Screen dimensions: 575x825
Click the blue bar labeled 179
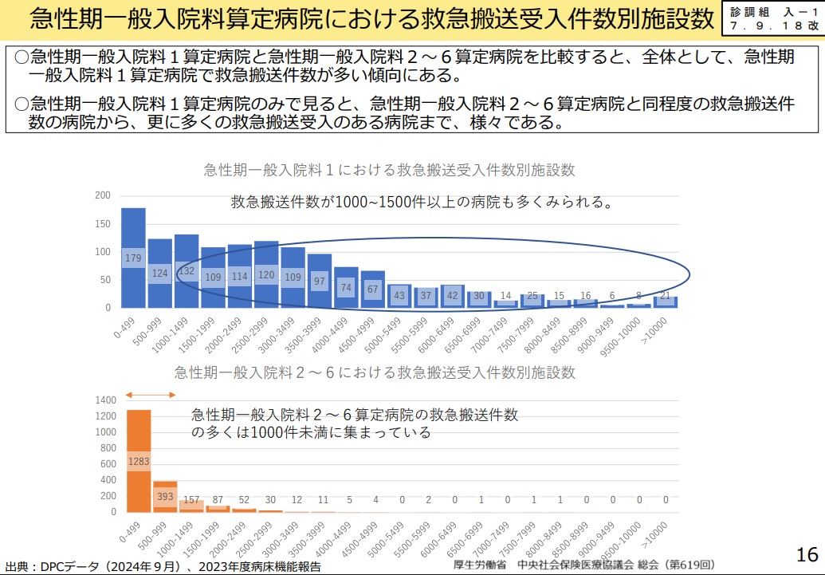(x=133, y=258)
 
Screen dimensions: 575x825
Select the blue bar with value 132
(x=187, y=271)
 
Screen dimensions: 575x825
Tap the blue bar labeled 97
(x=320, y=281)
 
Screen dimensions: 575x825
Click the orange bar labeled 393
(x=165, y=496)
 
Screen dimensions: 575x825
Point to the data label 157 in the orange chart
(x=191, y=500)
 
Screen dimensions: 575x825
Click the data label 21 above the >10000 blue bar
(x=664, y=296)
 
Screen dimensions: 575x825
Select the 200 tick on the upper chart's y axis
(x=103, y=195)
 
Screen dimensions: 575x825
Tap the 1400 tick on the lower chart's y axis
(x=106, y=400)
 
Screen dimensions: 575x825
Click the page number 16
(x=807, y=554)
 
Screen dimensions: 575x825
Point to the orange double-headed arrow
(x=151, y=395)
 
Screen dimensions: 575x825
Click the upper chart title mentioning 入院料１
(x=389, y=170)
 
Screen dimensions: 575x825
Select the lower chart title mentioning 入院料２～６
(x=375, y=372)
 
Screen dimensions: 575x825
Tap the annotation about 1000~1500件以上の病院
(x=422, y=202)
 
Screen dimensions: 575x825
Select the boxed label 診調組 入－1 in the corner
(x=773, y=18)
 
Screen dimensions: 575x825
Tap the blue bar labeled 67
(x=373, y=289)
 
